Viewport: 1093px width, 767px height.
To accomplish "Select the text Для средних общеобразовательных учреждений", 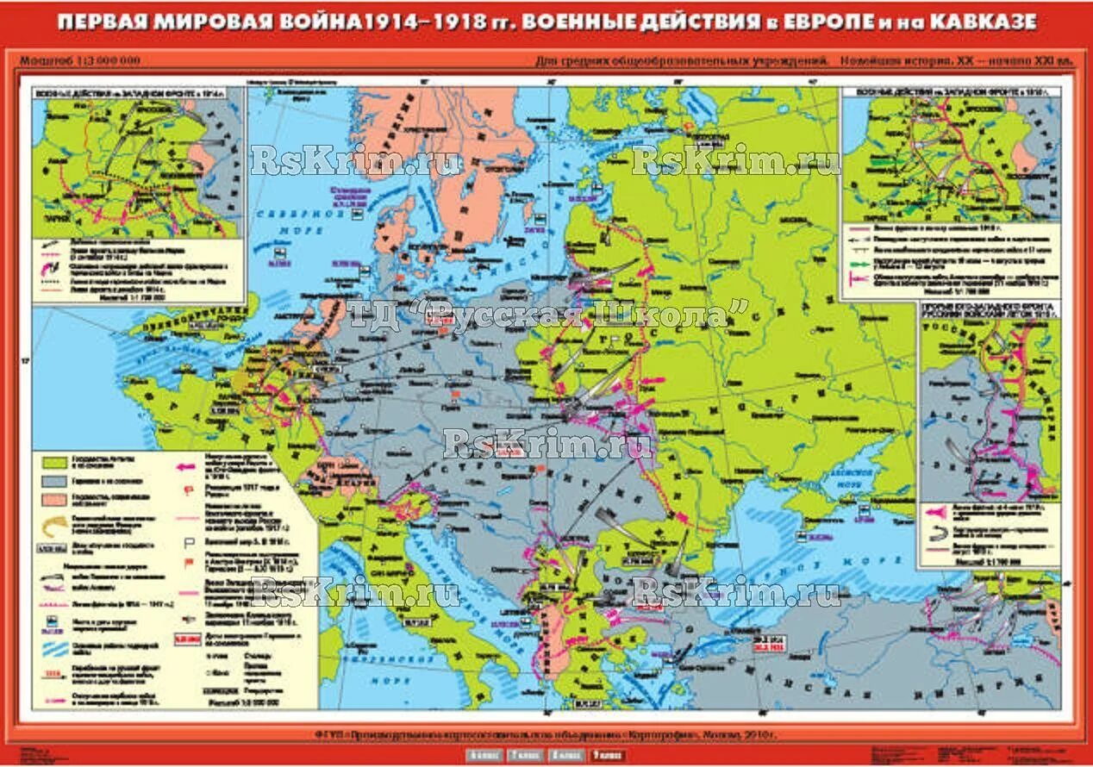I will pos(682,61).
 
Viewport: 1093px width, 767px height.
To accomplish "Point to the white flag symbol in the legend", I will pos(184,543).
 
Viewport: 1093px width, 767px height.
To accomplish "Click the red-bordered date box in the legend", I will pos(184,639).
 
